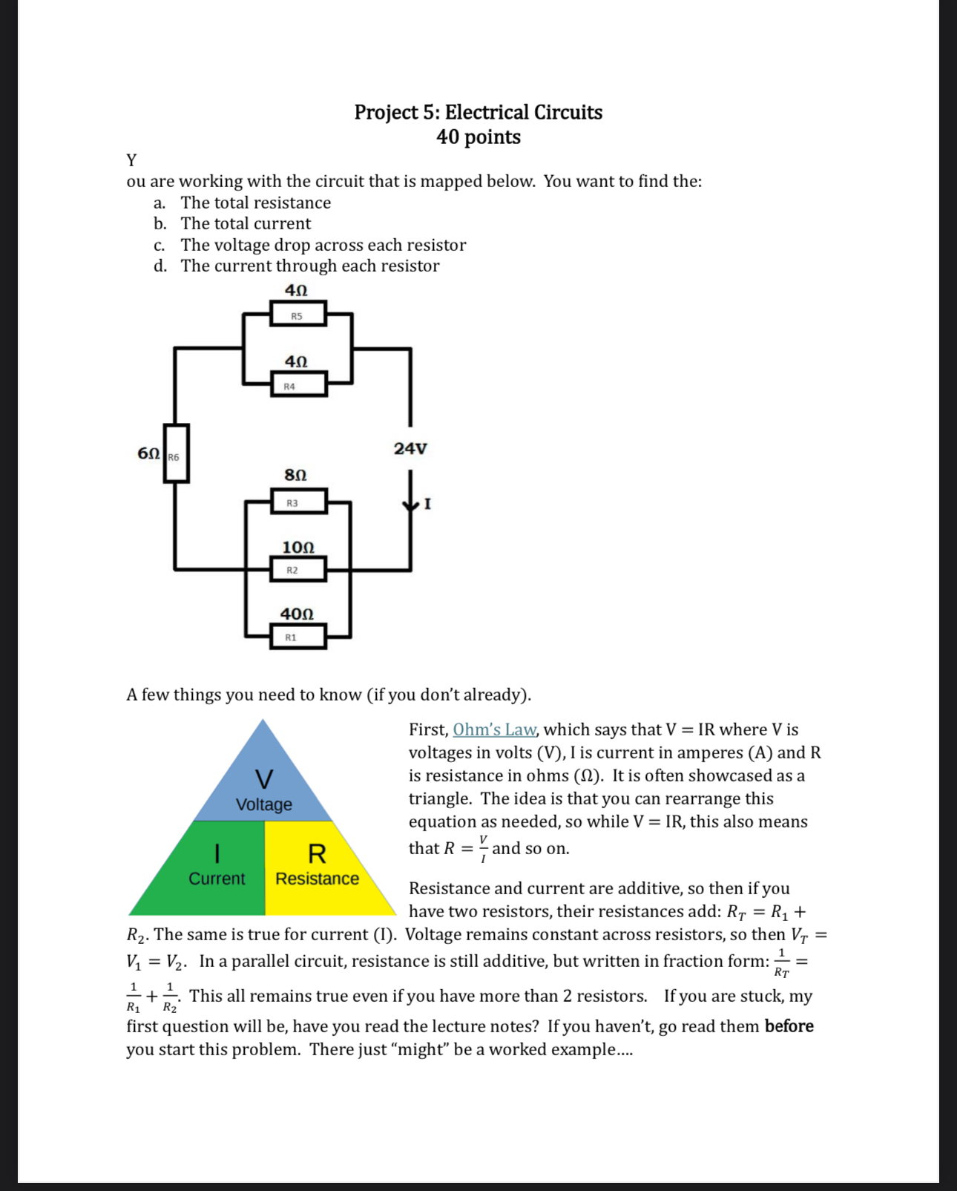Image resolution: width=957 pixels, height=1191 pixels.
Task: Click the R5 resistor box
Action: click(297, 315)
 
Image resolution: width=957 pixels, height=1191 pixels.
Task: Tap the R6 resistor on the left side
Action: click(177, 453)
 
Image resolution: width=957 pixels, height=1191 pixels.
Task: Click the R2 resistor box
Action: click(297, 569)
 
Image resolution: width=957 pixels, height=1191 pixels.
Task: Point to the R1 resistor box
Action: click(297, 637)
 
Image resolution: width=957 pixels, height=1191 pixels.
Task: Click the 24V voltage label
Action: click(410, 448)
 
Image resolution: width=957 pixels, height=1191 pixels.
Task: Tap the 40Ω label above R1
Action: click(297, 614)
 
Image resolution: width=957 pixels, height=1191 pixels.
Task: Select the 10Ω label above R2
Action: click(297, 547)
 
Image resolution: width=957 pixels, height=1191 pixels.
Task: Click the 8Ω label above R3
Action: click(295, 474)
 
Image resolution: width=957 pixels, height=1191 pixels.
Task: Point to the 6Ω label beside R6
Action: click(148, 453)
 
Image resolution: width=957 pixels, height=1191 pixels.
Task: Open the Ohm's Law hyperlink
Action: click(494, 729)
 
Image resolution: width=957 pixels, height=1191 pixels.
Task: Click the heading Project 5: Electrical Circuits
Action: click(478, 112)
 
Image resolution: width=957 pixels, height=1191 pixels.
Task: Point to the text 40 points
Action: click(478, 137)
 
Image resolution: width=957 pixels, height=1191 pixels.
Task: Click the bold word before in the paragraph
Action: click(789, 1026)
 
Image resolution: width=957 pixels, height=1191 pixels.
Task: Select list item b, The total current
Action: click(246, 223)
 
